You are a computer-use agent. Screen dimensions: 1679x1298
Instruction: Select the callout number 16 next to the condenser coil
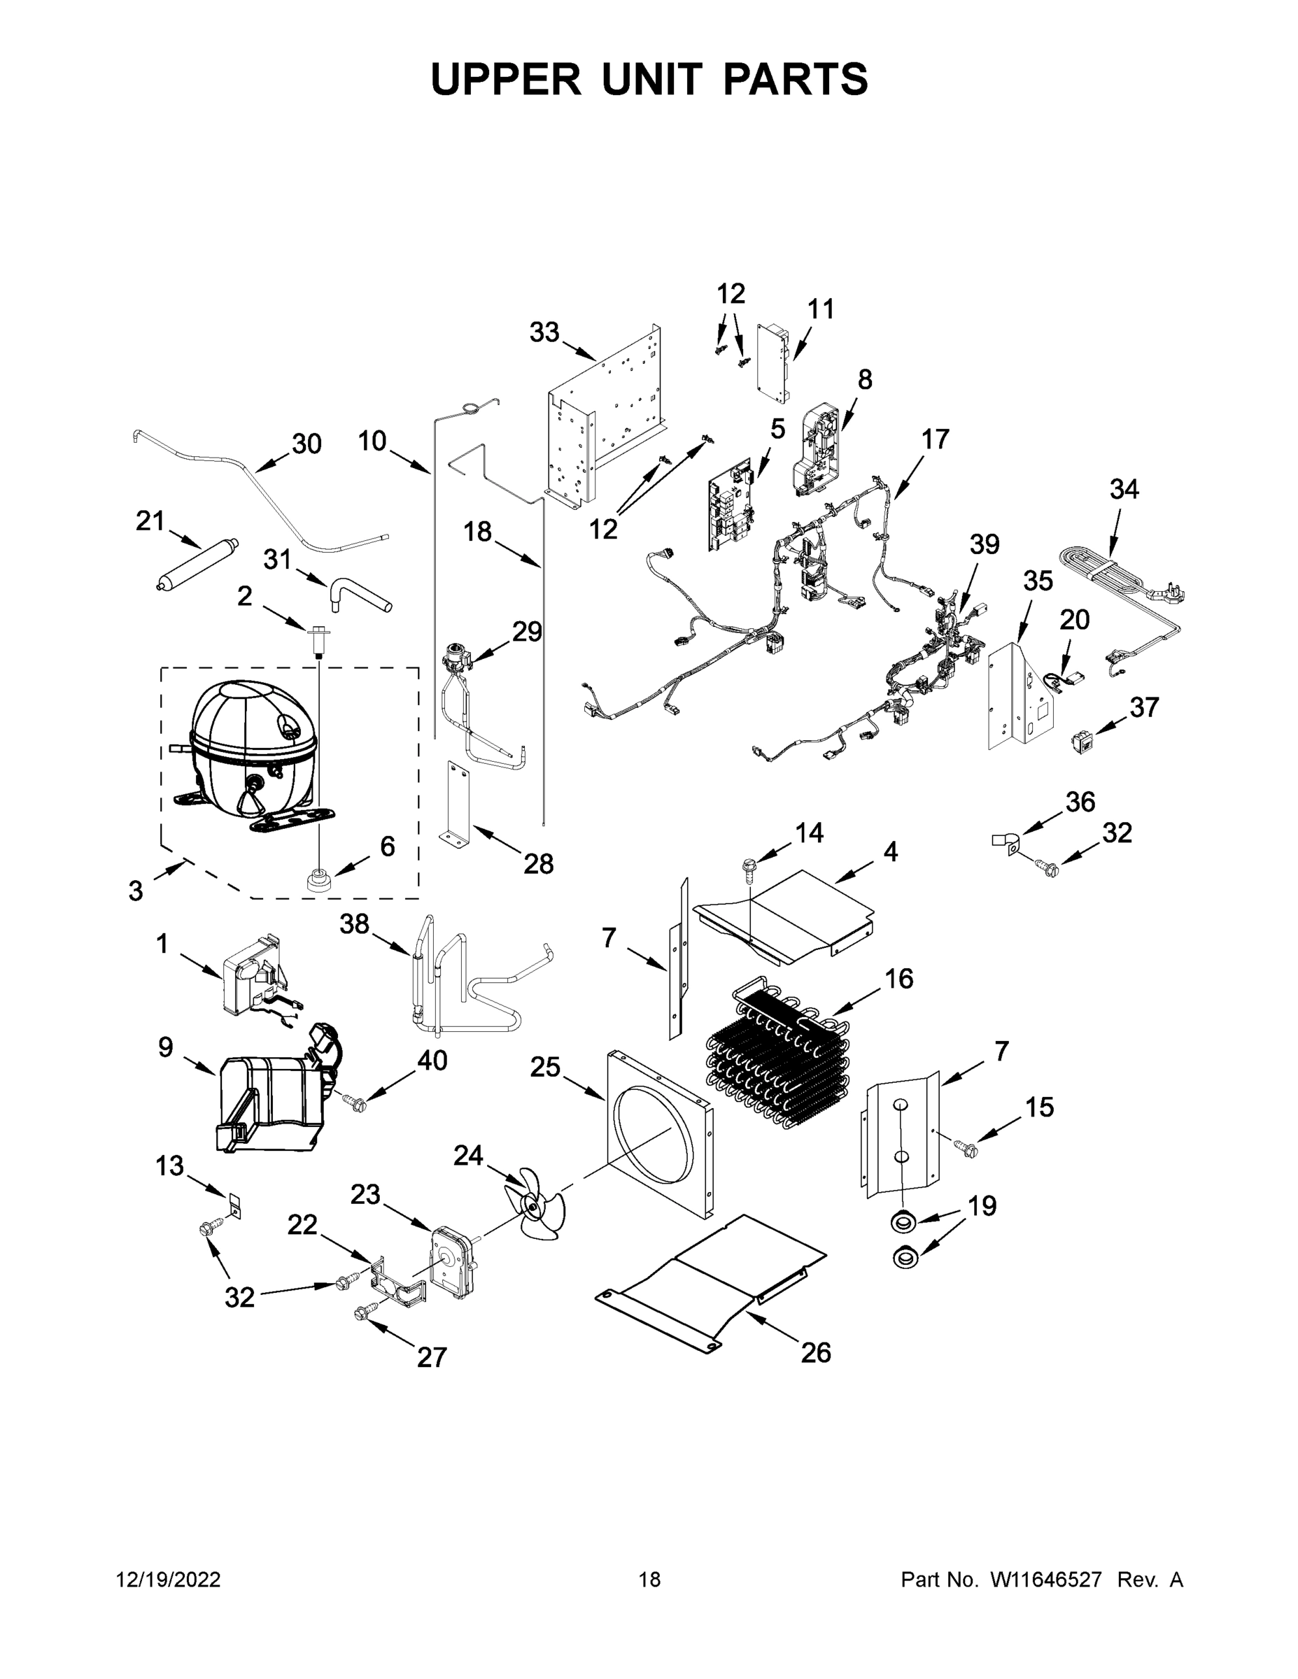[898, 978]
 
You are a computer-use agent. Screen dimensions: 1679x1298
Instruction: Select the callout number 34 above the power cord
[1124, 488]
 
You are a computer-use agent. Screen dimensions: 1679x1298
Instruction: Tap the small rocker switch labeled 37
[1081, 741]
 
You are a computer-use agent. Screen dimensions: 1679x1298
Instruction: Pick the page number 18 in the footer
[650, 1579]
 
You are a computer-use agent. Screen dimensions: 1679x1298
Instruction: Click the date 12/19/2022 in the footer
[169, 1579]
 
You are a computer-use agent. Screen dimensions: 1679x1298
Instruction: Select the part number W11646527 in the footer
[1046, 1579]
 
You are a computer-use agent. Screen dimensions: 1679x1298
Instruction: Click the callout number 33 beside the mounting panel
[544, 332]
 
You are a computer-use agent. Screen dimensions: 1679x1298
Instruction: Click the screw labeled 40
[355, 1103]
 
